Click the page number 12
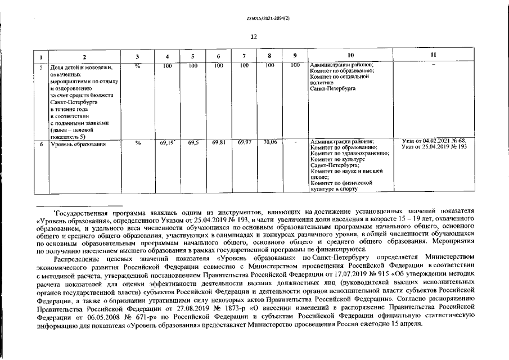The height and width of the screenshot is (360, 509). click(254, 37)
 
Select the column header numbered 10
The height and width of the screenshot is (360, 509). click(351, 55)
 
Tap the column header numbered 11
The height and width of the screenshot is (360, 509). click(433, 55)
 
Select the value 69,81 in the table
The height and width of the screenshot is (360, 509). click(219, 143)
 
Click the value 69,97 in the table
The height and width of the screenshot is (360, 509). click(245, 143)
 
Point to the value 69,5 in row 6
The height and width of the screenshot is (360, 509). click(193, 143)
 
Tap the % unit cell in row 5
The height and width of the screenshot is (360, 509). click(138, 66)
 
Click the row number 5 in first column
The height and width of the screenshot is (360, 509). click(41, 66)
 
